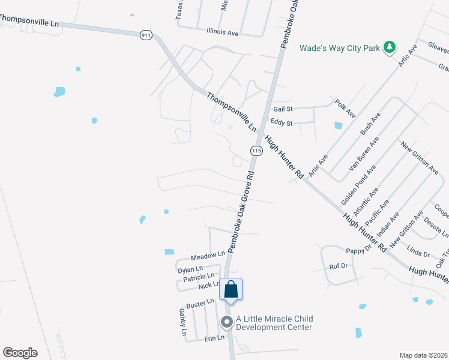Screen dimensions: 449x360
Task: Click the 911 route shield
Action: [x=146, y=35]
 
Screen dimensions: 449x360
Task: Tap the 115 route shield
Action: [x=256, y=151]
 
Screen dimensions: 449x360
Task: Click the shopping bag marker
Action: [x=231, y=290]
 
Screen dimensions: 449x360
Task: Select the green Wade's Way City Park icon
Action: [x=390, y=47]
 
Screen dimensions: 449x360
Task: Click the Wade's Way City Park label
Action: [x=340, y=47]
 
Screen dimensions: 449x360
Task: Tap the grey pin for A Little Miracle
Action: [x=227, y=323]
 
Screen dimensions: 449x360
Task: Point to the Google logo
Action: [x=20, y=352]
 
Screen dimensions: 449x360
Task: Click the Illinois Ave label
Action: [x=222, y=32]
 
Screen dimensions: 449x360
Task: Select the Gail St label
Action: [x=283, y=109]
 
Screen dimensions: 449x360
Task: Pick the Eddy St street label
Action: [x=281, y=124]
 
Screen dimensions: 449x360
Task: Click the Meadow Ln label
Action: [x=208, y=256]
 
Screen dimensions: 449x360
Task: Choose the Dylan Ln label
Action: [x=191, y=269]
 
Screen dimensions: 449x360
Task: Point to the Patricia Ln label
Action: [x=199, y=277]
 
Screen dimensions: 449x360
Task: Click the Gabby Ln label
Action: [x=183, y=322]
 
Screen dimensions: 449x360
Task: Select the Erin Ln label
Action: [x=214, y=338]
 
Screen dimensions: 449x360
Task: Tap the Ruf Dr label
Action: [x=339, y=265]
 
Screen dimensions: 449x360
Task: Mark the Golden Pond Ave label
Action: [x=358, y=183]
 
